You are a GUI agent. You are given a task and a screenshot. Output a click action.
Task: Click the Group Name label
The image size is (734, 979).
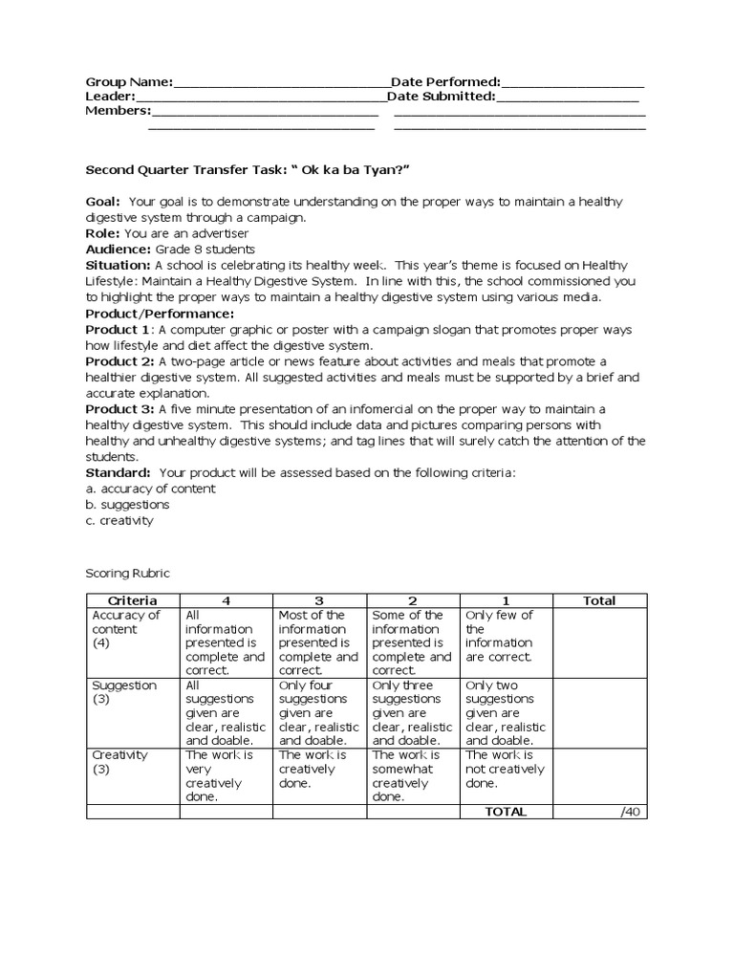(129, 82)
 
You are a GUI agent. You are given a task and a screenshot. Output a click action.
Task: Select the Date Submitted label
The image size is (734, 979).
(442, 97)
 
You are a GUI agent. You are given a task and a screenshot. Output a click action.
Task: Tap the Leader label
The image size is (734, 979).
(110, 97)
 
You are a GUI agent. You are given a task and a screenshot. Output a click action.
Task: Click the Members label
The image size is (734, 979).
(118, 111)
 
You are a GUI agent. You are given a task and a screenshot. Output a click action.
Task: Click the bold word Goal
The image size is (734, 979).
(102, 202)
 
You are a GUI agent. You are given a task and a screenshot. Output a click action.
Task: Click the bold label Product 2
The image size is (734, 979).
(119, 361)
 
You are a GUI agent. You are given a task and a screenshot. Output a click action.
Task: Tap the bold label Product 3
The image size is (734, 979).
(119, 409)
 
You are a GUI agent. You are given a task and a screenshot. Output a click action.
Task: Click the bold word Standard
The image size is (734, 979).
(118, 472)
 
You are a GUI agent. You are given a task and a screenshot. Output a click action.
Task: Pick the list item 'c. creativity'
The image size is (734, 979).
(119, 521)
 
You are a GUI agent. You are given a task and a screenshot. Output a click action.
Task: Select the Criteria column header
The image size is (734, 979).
(133, 600)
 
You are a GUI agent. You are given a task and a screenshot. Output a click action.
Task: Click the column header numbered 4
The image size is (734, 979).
(226, 600)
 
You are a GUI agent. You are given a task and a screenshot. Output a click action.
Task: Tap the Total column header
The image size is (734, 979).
(599, 600)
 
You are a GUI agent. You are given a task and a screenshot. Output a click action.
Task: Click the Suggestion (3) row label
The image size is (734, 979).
(124, 692)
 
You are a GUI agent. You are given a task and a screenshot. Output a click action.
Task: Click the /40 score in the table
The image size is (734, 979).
(628, 812)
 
